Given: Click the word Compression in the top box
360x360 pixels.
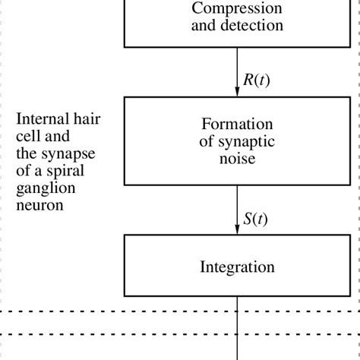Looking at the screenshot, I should (x=237, y=9).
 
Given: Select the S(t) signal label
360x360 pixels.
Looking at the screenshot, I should (x=255, y=219).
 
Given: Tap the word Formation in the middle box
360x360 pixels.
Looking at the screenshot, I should (x=237, y=125).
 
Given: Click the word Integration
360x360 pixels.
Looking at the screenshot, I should (x=237, y=267).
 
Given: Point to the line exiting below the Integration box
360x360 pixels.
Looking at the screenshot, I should (x=238, y=327).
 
